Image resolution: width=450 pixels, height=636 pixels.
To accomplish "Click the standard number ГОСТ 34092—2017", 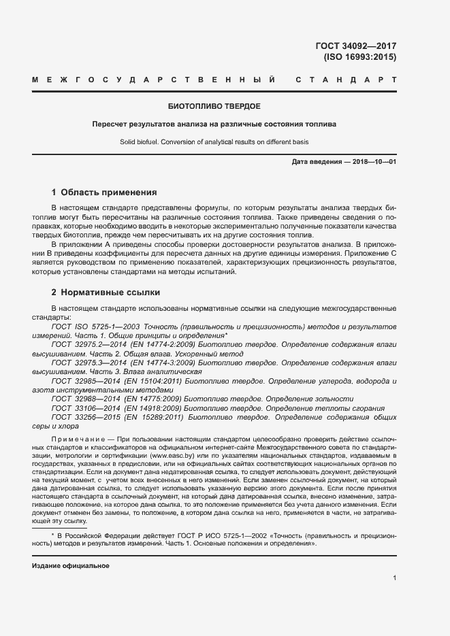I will (355, 46).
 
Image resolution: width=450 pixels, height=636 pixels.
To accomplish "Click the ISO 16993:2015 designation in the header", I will (359, 57).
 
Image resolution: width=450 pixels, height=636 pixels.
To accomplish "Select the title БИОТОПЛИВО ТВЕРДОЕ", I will (214, 107).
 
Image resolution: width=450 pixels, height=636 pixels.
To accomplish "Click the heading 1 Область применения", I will (104, 193).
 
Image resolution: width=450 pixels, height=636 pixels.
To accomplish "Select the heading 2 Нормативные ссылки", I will (106, 292).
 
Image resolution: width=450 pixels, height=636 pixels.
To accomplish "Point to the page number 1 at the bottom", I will (394, 578).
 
